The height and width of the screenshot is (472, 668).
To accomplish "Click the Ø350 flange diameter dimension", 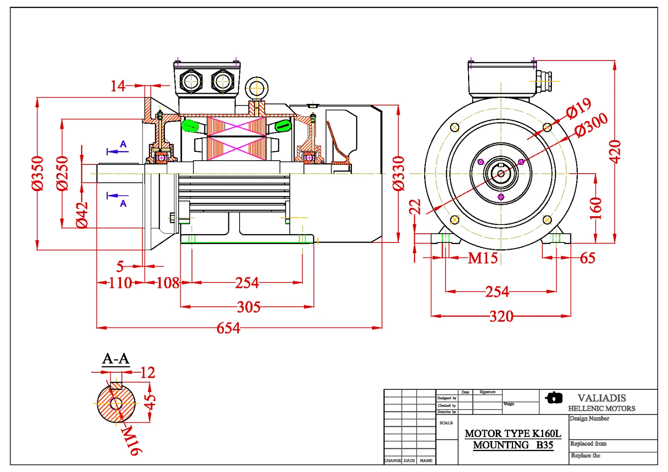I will [x=38, y=173].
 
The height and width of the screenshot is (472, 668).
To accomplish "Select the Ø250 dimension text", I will [x=62, y=173].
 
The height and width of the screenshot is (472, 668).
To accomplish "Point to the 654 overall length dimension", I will [x=228, y=328].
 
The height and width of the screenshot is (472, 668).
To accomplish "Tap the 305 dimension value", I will [x=249, y=307].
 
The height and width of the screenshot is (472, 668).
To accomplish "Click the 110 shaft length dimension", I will [x=120, y=283].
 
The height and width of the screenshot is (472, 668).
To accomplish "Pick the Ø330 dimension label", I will [x=399, y=173].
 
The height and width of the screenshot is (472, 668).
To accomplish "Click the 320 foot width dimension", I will [x=501, y=316].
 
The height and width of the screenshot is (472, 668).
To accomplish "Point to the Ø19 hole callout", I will [x=579, y=108].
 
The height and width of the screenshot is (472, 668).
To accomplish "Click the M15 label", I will [x=483, y=258].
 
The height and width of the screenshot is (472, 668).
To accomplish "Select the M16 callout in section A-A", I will [x=132, y=440].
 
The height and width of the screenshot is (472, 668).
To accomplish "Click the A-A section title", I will [x=116, y=359].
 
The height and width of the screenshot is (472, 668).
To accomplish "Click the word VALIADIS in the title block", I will [x=602, y=398].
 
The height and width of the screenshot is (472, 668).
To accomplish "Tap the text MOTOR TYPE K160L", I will [x=513, y=434].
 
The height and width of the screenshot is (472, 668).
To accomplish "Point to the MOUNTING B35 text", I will [x=513, y=445].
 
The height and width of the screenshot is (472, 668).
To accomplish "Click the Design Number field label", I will [x=590, y=419].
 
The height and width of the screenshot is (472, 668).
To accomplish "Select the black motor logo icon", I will [x=554, y=398].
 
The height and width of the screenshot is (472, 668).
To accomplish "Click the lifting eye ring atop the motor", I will [x=256, y=88].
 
